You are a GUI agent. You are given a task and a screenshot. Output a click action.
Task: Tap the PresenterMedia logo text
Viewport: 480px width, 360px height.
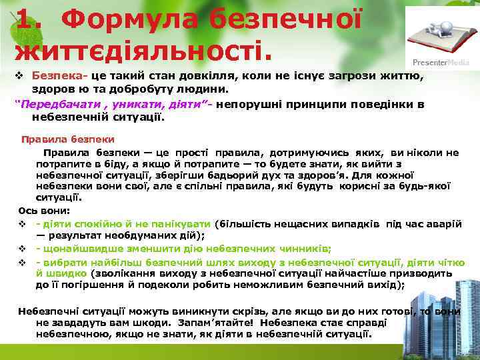click(x=441, y=62)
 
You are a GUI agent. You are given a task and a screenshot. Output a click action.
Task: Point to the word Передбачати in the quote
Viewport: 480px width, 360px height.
click(x=54, y=104)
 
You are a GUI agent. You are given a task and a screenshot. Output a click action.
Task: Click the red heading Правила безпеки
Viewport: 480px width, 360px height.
click(x=67, y=139)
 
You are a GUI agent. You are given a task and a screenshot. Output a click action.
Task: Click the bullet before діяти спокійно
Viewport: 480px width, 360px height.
click(x=22, y=223)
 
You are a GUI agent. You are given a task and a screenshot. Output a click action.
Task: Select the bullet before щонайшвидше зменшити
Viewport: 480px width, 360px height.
click(x=22, y=249)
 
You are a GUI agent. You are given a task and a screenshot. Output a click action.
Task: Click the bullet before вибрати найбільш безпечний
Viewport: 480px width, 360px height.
click(x=22, y=261)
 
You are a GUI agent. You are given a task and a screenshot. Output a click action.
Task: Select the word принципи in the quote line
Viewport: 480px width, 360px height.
click(x=292, y=104)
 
